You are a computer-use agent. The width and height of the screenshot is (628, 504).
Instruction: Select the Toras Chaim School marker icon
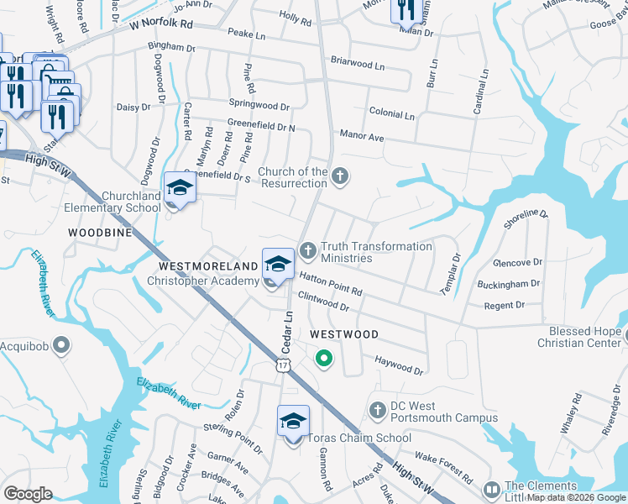294,421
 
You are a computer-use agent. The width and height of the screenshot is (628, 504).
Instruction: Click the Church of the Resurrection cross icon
339,176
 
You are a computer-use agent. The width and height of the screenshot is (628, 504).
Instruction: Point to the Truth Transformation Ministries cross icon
308,249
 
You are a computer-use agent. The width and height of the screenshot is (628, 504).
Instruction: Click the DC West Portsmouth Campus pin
378,409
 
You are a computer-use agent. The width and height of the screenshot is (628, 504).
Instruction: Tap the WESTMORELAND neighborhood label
207,265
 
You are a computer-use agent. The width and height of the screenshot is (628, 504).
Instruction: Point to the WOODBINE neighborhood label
100,230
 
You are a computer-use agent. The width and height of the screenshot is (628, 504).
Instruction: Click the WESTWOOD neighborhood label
344,334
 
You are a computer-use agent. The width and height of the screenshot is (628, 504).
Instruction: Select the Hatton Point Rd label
331,286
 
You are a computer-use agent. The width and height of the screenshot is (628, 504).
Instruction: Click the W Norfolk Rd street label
161,25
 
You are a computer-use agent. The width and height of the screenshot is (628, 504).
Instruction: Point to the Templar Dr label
450,274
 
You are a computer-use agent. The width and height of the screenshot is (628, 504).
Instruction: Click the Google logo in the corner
28,494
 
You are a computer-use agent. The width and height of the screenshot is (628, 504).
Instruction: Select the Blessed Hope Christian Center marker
621,337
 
